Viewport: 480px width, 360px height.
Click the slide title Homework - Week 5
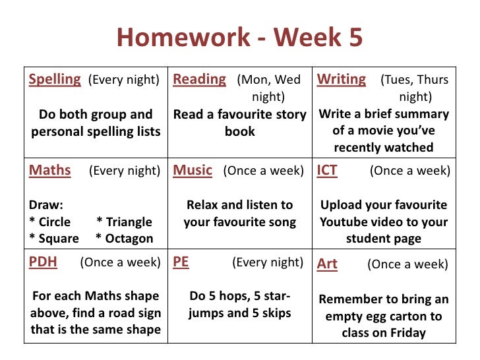click(239, 38)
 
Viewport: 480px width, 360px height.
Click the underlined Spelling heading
click(55, 80)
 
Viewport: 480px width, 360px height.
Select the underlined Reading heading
click(199, 80)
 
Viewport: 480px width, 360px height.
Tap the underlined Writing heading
click(341, 80)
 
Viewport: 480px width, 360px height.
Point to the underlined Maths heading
click(49, 171)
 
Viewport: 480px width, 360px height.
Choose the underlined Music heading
click(193, 171)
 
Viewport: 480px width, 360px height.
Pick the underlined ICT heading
click(327, 171)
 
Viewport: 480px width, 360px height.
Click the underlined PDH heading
click(43, 262)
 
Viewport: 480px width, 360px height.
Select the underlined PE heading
click(181, 262)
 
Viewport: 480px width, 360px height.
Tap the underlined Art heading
click(327, 264)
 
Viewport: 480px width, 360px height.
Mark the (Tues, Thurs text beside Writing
click(414, 80)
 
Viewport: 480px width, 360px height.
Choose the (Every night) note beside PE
click(268, 263)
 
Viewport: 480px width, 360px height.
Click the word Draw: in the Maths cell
click(46, 205)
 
